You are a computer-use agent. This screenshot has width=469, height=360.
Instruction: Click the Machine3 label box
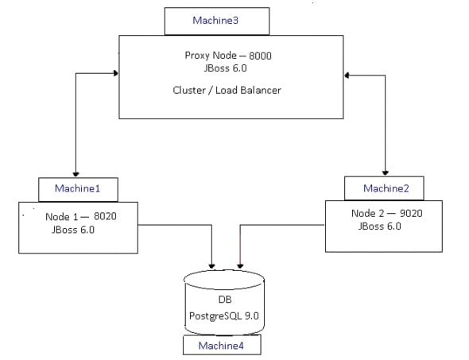coord(215,21)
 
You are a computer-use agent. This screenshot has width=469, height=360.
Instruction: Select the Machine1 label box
coord(78,188)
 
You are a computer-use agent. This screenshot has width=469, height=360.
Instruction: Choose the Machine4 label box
coord(222,346)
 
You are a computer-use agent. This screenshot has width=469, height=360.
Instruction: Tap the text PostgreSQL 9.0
coord(223,316)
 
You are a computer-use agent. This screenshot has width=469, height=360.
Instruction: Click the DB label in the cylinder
coord(223,301)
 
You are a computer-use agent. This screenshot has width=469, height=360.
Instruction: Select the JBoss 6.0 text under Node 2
coord(380,226)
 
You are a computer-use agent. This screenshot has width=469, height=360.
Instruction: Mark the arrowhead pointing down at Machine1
coord(76,172)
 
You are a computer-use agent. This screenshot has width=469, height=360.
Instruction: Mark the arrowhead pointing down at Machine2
coord(386,172)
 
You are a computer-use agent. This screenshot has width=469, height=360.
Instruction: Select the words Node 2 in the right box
coord(368,213)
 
